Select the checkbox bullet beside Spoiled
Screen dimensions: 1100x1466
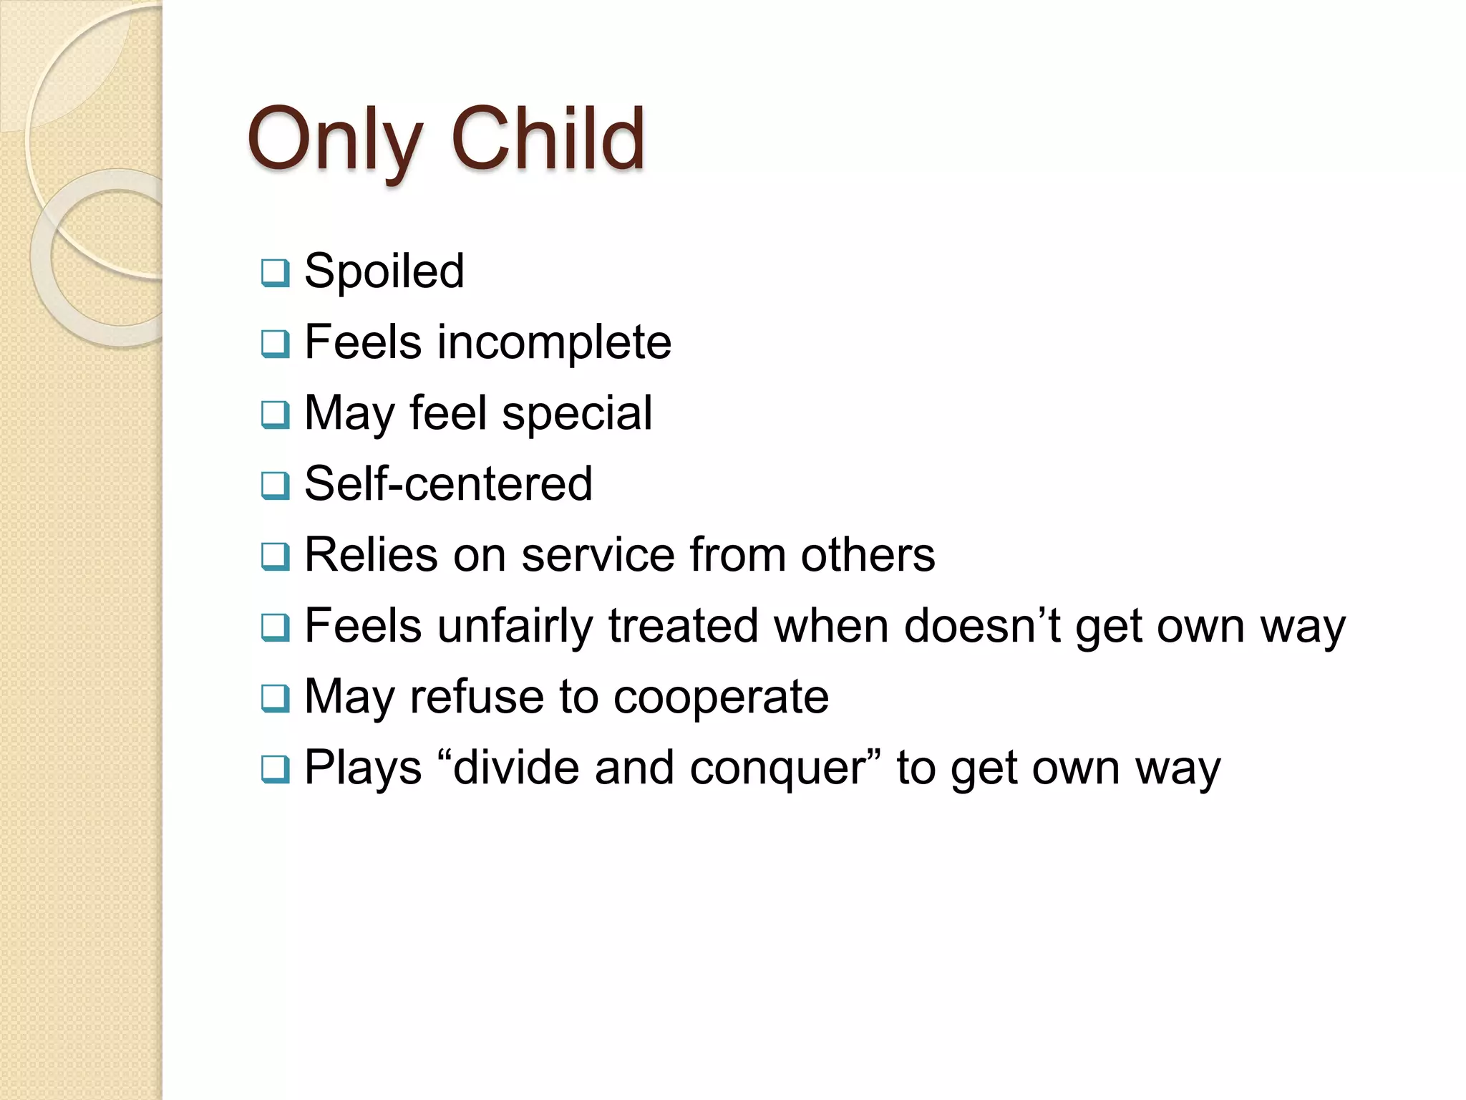coord(276,273)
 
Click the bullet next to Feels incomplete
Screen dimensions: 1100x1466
coord(276,344)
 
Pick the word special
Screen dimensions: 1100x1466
coord(577,413)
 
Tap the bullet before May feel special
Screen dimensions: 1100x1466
coord(276,415)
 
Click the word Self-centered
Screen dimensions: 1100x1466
coord(449,483)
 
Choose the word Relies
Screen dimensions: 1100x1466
coord(371,554)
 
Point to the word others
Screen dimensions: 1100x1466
coord(868,554)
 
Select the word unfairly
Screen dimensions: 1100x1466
coord(515,626)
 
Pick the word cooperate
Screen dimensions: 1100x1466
coord(721,698)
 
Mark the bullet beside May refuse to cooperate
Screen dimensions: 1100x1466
coord(276,698)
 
